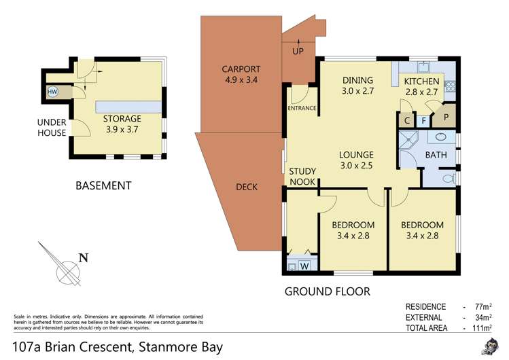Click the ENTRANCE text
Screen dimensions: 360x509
point(302,109)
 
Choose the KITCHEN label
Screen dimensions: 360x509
point(422,82)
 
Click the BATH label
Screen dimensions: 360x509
point(435,156)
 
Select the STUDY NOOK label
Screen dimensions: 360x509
point(302,176)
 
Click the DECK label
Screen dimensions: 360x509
point(247,187)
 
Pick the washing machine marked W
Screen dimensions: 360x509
point(304,266)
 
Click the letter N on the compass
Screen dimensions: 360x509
point(84,257)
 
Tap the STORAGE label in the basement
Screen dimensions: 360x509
point(122,119)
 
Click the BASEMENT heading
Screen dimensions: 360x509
point(103,185)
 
